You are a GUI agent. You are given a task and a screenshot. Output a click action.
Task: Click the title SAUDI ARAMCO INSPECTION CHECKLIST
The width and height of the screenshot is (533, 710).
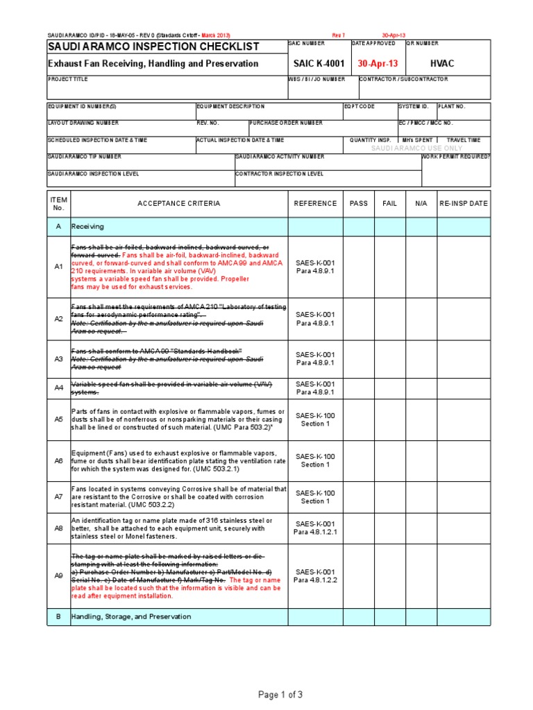pyautogui.click(x=153, y=47)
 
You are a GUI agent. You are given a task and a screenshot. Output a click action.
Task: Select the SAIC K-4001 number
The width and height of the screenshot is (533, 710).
pyautogui.click(x=319, y=64)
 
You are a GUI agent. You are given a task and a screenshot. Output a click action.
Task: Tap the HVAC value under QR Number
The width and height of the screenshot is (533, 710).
pyautogui.click(x=442, y=64)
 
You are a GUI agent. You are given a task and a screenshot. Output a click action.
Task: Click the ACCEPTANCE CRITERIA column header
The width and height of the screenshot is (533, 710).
pyautogui.click(x=178, y=204)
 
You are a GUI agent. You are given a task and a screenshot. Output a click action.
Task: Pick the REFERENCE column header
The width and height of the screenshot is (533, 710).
pyautogui.click(x=315, y=204)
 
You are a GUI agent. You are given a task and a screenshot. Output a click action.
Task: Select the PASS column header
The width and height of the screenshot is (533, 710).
pyautogui.click(x=359, y=204)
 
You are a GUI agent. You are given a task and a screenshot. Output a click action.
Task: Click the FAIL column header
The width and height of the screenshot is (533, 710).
pyautogui.click(x=390, y=204)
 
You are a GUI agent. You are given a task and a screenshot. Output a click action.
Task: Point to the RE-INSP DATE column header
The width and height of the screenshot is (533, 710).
pyautogui.click(x=463, y=204)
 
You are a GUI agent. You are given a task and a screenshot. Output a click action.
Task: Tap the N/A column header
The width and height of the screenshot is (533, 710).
pyautogui.click(x=421, y=204)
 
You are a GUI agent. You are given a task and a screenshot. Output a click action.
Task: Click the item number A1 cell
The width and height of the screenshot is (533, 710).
pyautogui.click(x=58, y=266)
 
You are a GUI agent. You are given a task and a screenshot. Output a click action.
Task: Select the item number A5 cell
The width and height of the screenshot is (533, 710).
pyautogui.click(x=58, y=419)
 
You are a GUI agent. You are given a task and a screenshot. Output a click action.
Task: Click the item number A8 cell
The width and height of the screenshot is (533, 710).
pyautogui.click(x=58, y=528)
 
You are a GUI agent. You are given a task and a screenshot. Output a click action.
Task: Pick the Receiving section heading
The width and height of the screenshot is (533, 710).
pyautogui.click(x=87, y=227)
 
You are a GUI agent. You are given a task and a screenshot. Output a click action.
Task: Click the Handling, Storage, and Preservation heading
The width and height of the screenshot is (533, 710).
pyautogui.click(x=131, y=616)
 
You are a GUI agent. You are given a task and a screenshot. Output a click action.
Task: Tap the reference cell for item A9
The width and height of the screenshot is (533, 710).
pyautogui.click(x=315, y=576)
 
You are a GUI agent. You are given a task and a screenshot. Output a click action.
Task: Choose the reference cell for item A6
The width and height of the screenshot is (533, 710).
pyautogui.click(x=315, y=460)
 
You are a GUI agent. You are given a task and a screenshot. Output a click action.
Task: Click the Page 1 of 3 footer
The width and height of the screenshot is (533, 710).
pyautogui.click(x=280, y=695)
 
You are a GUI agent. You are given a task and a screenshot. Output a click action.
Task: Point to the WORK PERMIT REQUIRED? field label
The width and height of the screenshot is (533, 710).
pyautogui.click(x=456, y=157)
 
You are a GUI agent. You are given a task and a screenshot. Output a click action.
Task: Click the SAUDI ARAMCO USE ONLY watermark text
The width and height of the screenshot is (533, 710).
pyautogui.click(x=416, y=148)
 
